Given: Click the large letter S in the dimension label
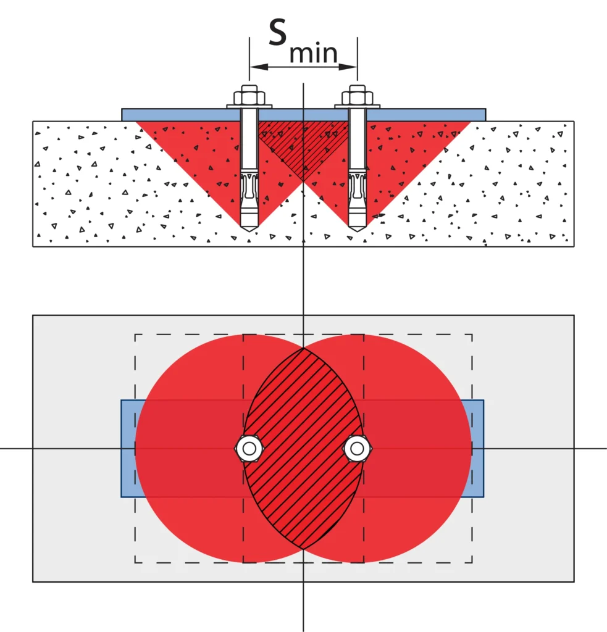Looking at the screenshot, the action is (278, 32).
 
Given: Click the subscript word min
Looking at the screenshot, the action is (314, 53).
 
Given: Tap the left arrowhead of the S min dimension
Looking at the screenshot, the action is (259, 67).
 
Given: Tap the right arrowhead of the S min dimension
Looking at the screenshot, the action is (348, 67).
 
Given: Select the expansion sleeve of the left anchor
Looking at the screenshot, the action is (249, 193).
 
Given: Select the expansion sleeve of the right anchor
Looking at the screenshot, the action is (357, 193).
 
